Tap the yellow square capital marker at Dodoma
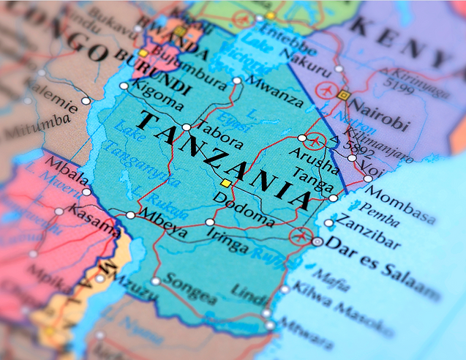tap(227, 182)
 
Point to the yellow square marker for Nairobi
tap(344, 94)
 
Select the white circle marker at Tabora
tap(187, 127)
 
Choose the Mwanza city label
tap(275, 91)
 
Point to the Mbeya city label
tap(162, 221)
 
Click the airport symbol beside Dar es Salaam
tap(299, 236)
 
